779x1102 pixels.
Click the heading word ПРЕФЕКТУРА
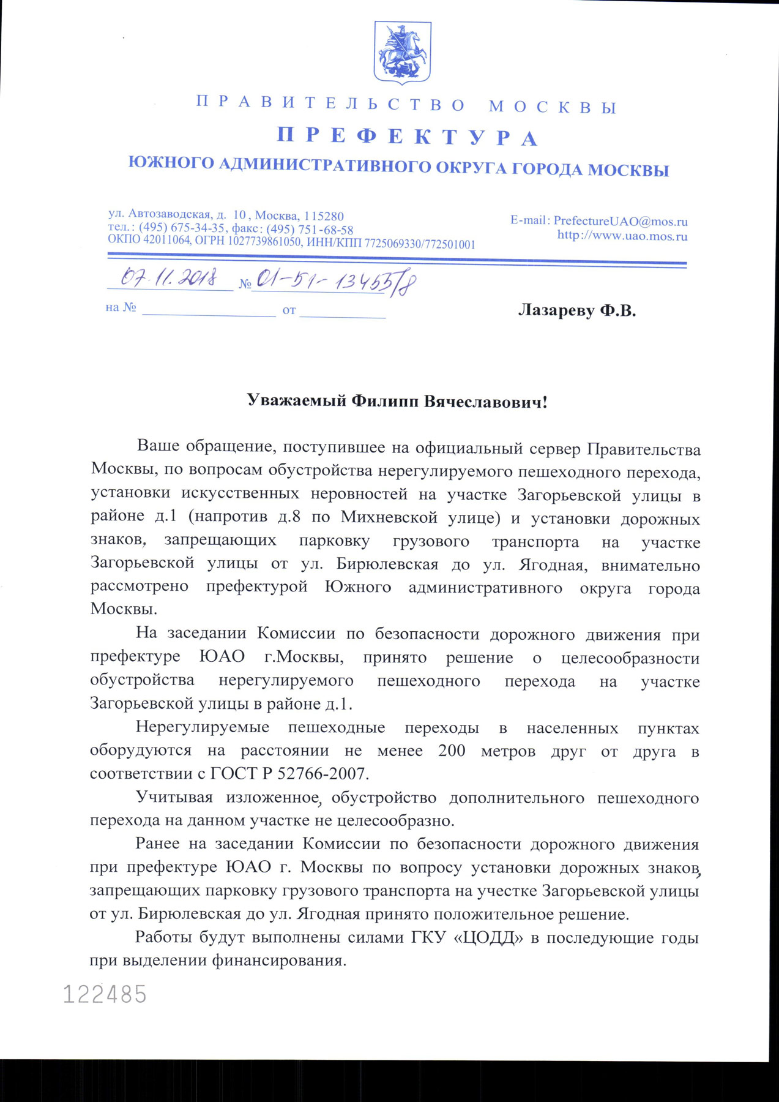[x=407, y=136]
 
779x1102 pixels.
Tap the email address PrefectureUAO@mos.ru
[x=621, y=221]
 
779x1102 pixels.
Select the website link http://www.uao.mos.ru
[x=622, y=236]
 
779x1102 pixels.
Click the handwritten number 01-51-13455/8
[x=336, y=282]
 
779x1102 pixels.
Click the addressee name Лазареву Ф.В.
[x=577, y=310]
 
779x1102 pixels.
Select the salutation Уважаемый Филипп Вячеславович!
[x=397, y=402]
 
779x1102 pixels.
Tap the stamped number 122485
[x=105, y=994]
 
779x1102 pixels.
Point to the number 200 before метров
[x=452, y=751]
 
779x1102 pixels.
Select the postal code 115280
[x=324, y=216]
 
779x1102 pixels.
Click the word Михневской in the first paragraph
[x=389, y=517]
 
